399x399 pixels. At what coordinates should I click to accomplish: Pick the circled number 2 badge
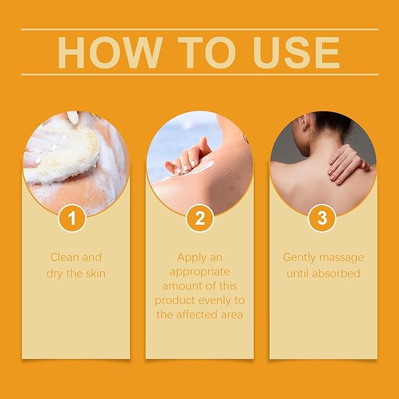(199, 219)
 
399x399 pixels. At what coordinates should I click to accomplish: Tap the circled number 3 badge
(322, 219)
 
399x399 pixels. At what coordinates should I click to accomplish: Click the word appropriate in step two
(199, 271)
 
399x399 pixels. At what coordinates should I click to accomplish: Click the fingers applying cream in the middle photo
(187, 157)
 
